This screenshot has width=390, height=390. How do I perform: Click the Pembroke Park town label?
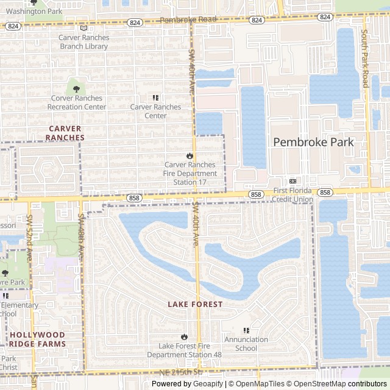313,142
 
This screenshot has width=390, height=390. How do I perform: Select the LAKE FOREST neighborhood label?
195,304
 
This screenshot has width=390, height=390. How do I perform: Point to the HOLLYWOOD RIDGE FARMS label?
37,339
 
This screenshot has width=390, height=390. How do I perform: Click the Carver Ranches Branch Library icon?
84,27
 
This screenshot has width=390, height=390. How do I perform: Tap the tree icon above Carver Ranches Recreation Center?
76,89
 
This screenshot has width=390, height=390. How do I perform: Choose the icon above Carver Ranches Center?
155,97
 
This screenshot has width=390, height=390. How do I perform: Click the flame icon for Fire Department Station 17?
190,155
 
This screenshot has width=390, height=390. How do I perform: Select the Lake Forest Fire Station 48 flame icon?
184,336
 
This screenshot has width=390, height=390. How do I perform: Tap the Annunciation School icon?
246,330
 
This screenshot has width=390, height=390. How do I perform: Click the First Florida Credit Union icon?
292,182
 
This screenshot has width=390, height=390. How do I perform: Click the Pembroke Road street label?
188,20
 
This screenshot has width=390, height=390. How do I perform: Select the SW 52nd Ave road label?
29,232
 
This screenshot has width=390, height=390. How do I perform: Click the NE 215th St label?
181,372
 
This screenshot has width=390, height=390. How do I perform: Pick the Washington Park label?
34,12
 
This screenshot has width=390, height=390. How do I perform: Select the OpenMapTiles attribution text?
260,384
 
